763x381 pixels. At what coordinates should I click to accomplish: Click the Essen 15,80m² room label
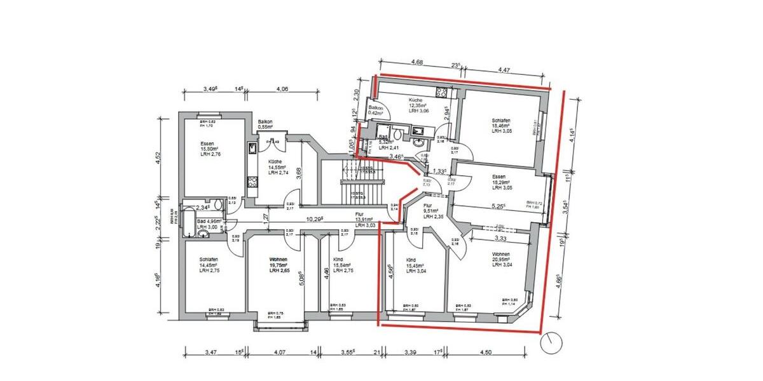208,149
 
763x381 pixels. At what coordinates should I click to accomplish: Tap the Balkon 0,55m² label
265,124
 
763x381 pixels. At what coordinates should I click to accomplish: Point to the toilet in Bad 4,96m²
217,206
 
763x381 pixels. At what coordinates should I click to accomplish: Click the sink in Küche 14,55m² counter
252,149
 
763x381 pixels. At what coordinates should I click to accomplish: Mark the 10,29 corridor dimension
314,218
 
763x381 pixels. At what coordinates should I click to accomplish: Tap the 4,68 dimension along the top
417,62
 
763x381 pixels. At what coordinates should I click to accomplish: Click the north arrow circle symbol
550,344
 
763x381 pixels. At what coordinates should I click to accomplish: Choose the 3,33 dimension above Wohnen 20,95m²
500,239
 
